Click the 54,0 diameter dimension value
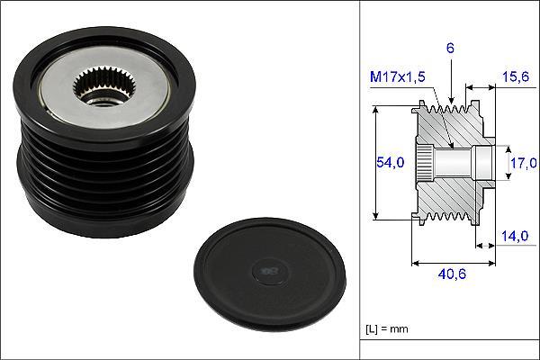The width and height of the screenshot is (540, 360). pyautogui.click(x=390, y=162)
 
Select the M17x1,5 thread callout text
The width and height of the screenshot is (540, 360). pyautogui.click(x=398, y=76)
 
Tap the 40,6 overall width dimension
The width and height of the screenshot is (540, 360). pyautogui.click(x=452, y=274)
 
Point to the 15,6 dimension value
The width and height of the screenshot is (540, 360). pyautogui.click(x=516, y=76)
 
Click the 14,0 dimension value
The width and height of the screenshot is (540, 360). pyautogui.click(x=515, y=236)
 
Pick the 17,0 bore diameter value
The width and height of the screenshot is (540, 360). pyautogui.click(x=524, y=163)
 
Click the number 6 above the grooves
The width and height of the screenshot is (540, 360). pyautogui.click(x=451, y=49)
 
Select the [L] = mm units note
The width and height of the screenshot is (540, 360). pyautogui.click(x=387, y=329)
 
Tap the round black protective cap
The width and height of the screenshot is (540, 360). pyautogui.click(x=269, y=274)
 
